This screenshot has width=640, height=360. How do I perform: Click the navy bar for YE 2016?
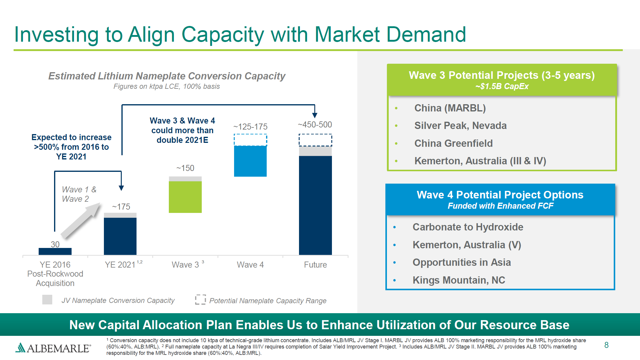[x=55, y=251]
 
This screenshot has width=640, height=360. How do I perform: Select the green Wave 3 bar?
[x=185, y=197]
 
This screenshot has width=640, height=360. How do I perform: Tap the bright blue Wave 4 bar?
[x=250, y=161]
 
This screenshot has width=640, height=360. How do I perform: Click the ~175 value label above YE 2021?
[x=121, y=207]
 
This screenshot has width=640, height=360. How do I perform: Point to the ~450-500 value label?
[x=315, y=124]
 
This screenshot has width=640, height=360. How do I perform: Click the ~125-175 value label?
[x=250, y=127]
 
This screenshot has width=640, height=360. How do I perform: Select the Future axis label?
[x=315, y=265]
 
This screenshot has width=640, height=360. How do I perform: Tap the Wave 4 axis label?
[x=250, y=265]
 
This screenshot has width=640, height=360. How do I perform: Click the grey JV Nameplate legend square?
[x=47, y=300]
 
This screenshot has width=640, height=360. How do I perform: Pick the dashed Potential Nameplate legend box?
[x=200, y=300]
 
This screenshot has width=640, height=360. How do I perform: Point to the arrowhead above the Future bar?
[x=315, y=115]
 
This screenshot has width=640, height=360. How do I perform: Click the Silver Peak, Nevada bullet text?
[x=460, y=125]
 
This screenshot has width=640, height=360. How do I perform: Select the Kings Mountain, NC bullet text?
[x=458, y=280]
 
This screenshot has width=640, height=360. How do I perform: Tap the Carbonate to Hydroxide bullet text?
[x=468, y=227]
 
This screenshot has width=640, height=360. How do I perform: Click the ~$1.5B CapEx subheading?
[x=502, y=86]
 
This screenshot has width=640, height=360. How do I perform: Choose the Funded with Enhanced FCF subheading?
[x=500, y=206]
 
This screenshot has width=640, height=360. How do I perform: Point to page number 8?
[x=606, y=345]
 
